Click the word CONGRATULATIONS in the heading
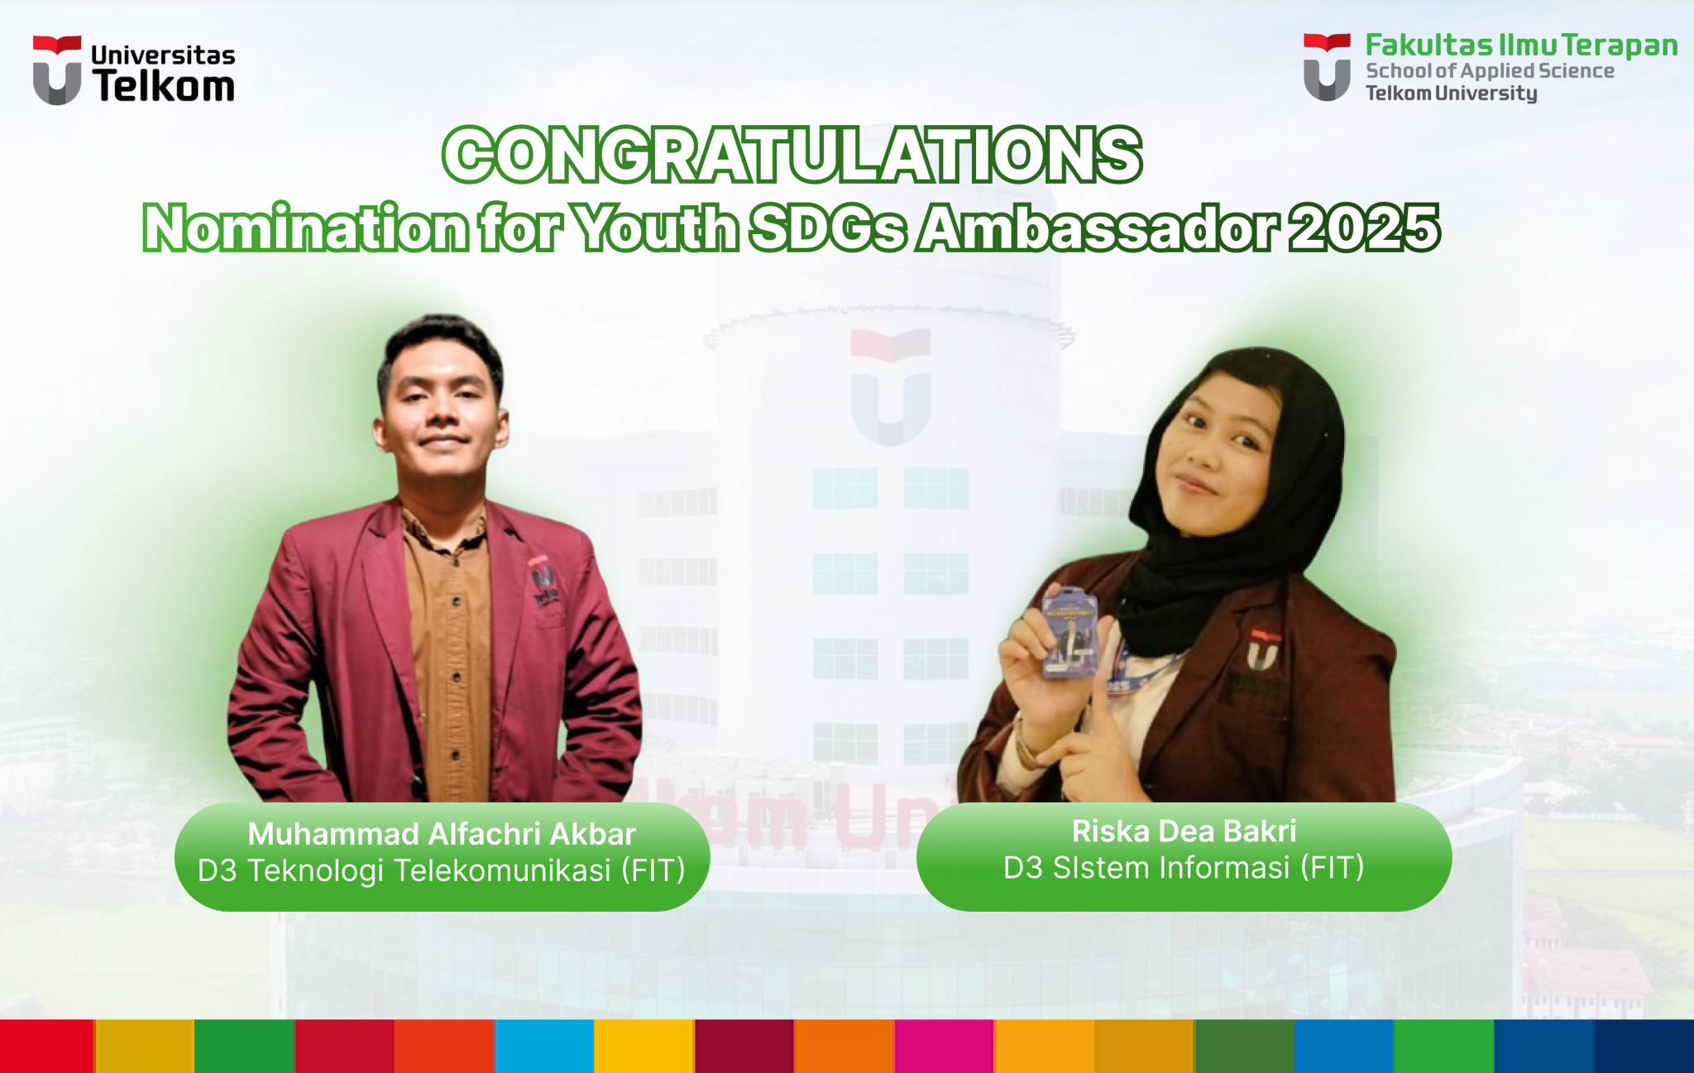[x=792, y=155]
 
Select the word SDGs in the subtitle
[x=827, y=228]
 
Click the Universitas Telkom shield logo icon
[x=57, y=69]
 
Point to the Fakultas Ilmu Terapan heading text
[x=1521, y=46]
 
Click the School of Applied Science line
[x=1490, y=71]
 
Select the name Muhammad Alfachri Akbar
[x=442, y=834]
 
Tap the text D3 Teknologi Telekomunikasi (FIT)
[x=442, y=870]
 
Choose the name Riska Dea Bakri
[x=1184, y=831]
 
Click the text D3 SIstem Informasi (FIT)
[x=1184, y=868]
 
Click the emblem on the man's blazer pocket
[x=543, y=580]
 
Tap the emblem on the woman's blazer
[x=1263, y=649]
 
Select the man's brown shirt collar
[x=443, y=526]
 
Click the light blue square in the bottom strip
[x=544, y=1046]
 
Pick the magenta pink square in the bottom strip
[x=944, y=1046]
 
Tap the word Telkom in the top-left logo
[x=164, y=86]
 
